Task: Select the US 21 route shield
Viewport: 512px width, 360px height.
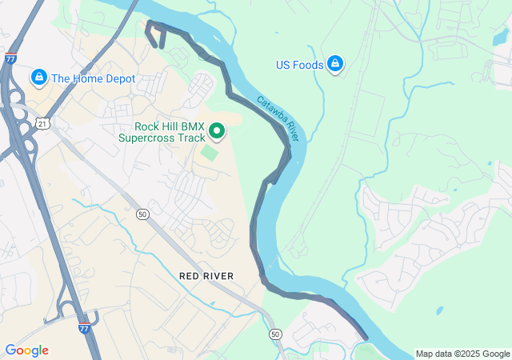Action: pos(42,122)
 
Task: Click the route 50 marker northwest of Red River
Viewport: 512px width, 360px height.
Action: pos(142,214)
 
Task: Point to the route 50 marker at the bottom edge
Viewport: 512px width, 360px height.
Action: pos(276,333)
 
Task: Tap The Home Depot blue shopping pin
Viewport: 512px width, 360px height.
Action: pos(38,78)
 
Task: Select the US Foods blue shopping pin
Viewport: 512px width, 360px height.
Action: pos(335,63)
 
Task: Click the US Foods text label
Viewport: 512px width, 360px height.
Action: pos(299,65)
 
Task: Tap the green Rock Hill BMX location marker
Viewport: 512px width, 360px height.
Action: pos(216,130)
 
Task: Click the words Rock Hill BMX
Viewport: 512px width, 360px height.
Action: pos(169,126)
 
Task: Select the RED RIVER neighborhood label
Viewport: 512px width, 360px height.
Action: pos(206,276)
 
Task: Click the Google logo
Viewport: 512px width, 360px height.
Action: pos(26,350)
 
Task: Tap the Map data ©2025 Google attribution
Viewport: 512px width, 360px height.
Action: pos(462,354)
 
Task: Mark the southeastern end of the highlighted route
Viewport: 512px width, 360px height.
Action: pos(365,338)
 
